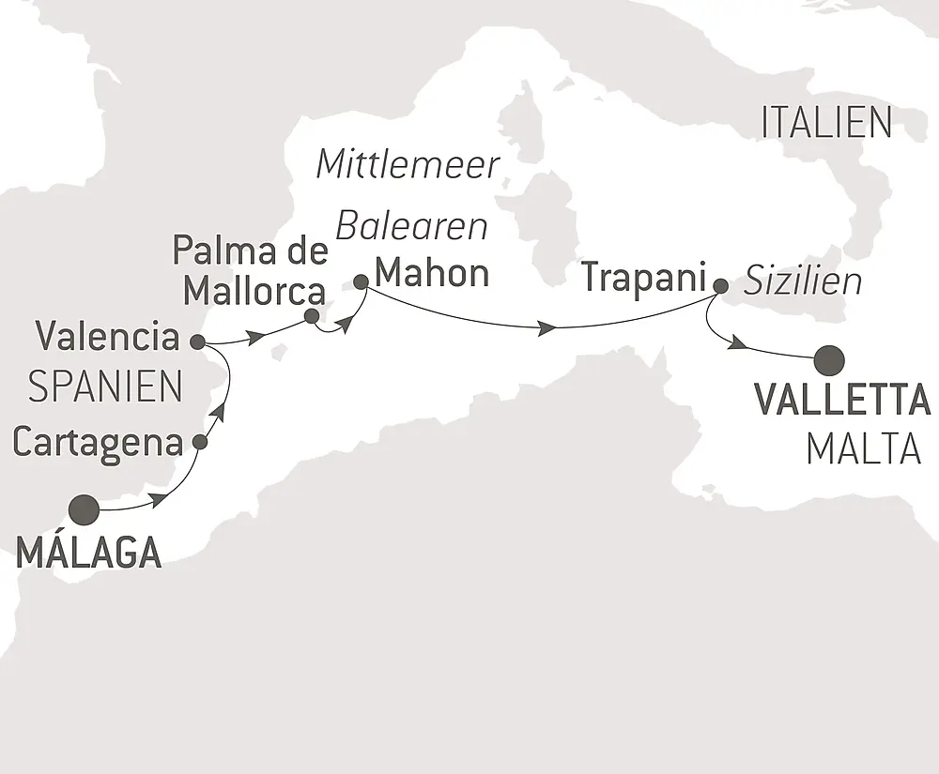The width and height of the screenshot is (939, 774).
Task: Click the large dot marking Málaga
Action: pos(84,509)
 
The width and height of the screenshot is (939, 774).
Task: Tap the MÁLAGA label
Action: pos(88,554)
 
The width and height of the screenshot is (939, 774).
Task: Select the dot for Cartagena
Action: pos(199,441)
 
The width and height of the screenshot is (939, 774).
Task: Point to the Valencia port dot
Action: pos(197,341)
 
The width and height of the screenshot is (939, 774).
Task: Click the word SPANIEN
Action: pos(105,386)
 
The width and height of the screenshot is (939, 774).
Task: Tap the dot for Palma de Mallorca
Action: pos(312,316)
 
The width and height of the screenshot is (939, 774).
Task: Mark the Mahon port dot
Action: pos(361,280)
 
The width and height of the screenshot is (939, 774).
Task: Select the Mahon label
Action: pos(432,274)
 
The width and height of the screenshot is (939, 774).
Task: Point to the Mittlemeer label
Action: pos(408,165)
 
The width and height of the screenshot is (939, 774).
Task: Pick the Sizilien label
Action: pos(803,282)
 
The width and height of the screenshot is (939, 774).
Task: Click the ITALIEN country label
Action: pos(826,124)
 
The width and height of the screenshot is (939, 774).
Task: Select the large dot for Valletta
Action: pos(830,359)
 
